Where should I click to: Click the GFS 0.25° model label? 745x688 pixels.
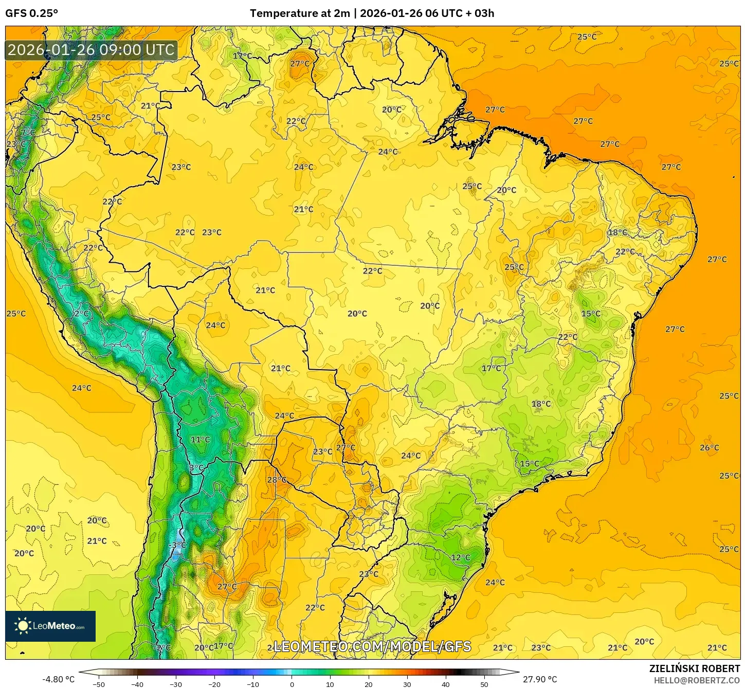tap(31, 13)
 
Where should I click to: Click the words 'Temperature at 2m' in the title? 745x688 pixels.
tap(299, 13)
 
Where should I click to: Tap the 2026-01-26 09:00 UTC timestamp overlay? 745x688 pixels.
tap(91, 50)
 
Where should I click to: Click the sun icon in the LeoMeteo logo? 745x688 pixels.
tap(23, 626)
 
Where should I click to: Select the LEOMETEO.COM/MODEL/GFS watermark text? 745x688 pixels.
tap(372, 646)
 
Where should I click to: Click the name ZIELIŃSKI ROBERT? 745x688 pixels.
tap(694, 668)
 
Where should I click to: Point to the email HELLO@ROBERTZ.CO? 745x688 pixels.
tap(697, 680)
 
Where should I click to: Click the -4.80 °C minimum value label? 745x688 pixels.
tap(58, 679)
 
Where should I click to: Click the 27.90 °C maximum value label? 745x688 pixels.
tap(540, 679)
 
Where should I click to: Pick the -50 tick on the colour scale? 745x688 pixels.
tap(99, 684)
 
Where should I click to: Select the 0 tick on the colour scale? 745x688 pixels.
tap(292, 684)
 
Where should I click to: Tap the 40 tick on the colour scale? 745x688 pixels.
tap(445, 684)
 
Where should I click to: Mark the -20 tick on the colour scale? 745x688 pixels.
tap(214, 684)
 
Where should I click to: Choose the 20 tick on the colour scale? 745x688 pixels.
tap(368, 684)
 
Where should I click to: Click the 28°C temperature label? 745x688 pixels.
tap(277, 480)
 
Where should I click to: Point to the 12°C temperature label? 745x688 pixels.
tap(460, 557)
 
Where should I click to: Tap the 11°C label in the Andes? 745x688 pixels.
tap(200, 440)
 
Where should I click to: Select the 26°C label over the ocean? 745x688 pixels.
tap(709, 448)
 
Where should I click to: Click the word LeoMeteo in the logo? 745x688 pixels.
tap(54, 626)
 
